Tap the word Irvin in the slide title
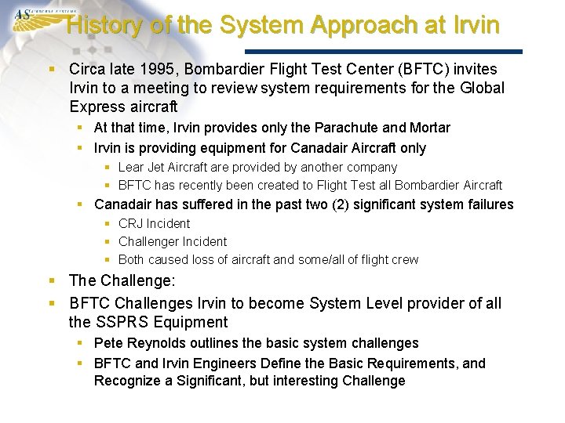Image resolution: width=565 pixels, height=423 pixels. tap(476, 25)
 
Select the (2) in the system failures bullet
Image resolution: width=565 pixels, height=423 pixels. tap(353, 204)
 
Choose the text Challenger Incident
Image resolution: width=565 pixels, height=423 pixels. tap(172, 241)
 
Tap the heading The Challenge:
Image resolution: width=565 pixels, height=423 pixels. tap(122, 280)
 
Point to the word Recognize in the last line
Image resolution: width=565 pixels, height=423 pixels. tap(126, 381)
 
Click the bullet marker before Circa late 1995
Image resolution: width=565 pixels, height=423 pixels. tap(52, 69)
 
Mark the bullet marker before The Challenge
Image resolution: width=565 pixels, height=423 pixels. tap(52, 280)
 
